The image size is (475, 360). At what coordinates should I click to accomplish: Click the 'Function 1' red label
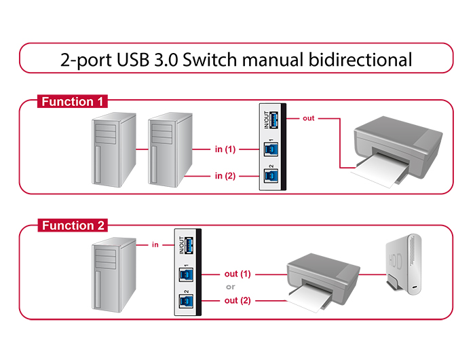73,101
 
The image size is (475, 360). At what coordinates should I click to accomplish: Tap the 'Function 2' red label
73,226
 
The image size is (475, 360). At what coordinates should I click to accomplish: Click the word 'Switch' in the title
210,60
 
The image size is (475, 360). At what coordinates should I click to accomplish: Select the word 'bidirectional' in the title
360,60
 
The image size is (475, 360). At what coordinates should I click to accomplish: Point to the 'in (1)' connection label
225,149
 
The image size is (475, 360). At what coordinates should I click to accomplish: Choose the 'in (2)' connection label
225,176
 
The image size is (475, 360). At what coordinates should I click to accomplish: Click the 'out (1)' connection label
237,274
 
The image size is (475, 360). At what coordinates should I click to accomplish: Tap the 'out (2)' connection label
237,300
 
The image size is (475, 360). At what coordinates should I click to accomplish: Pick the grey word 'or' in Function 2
230,287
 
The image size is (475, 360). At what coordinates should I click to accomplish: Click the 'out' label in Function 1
308,118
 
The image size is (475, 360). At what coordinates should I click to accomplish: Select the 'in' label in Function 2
155,245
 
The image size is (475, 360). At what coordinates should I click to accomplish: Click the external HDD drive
404,264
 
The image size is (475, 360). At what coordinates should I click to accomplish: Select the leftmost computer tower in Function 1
114,150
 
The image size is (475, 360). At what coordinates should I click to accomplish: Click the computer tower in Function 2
114,275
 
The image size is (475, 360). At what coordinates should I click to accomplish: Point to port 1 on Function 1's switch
271,149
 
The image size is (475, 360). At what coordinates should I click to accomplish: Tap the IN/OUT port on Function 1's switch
273,120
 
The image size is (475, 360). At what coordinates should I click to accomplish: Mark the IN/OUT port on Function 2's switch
189,245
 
